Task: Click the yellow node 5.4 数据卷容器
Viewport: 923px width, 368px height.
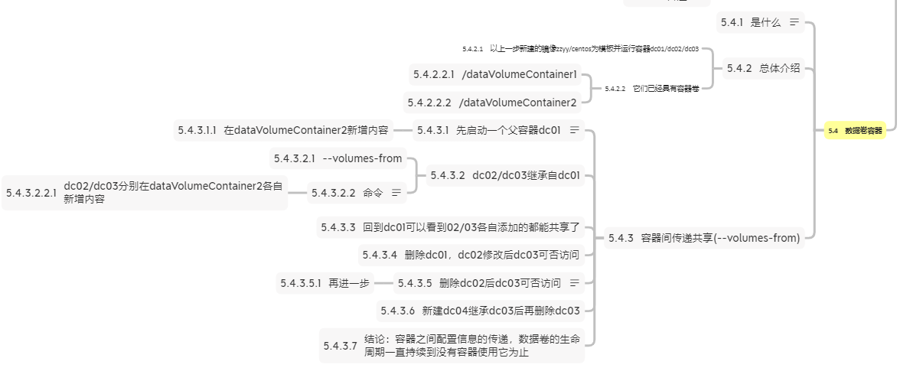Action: click(x=855, y=131)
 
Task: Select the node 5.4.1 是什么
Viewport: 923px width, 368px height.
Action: click(x=751, y=22)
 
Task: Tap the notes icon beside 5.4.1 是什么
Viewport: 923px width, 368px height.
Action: click(x=794, y=22)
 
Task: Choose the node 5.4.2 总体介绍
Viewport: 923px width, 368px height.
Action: click(x=763, y=68)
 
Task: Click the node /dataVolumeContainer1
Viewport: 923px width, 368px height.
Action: click(x=494, y=74)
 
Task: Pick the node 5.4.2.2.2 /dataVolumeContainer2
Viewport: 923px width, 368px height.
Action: click(x=492, y=103)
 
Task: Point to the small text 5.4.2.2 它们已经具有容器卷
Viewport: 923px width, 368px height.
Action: click(x=651, y=89)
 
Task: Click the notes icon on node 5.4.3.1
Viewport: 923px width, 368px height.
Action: click(x=575, y=130)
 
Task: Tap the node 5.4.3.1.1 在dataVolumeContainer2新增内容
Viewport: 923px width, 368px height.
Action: click(x=282, y=130)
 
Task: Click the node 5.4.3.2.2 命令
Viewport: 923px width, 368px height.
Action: click(x=347, y=193)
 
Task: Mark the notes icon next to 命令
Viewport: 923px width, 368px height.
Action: click(x=396, y=193)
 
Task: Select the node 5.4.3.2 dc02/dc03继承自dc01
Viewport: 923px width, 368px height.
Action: click(x=505, y=175)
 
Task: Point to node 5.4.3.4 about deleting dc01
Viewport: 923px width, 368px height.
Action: click(x=471, y=255)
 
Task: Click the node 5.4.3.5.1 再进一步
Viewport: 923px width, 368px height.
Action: click(x=325, y=283)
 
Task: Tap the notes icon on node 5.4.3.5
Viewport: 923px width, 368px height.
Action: click(x=575, y=283)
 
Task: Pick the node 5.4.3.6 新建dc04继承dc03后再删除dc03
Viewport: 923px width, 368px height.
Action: click(x=480, y=311)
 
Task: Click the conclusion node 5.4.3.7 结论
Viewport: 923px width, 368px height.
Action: click(x=451, y=346)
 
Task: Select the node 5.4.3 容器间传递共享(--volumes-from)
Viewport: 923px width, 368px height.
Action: click(x=703, y=238)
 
